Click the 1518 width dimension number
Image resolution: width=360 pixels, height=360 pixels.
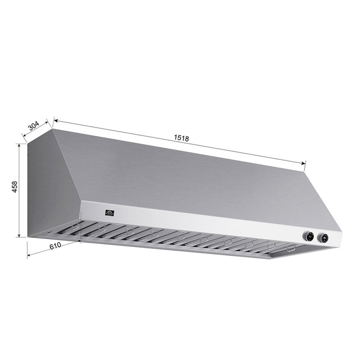pos(181,137)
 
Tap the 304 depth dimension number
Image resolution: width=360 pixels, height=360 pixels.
pos(33,125)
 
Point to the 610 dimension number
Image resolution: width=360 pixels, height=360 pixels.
pos(55,246)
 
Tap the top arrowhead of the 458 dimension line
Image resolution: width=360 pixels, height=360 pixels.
pos(20,145)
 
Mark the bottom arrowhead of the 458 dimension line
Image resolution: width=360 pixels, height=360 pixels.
pos(20,236)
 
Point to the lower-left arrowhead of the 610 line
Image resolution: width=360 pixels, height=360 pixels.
pos(29,255)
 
